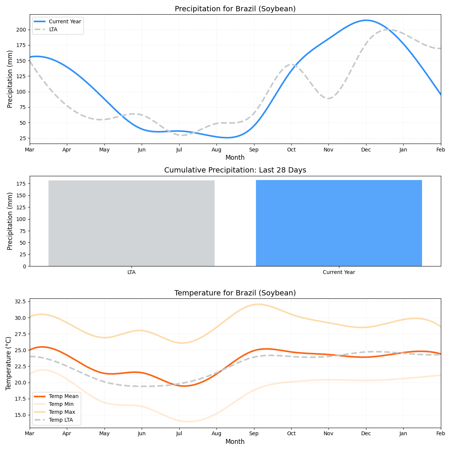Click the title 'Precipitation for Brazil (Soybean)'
[235, 9]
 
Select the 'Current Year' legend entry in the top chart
[65, 22]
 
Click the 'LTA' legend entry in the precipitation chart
[53, 29]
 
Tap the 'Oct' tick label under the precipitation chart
[291, 150]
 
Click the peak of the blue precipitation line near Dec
[366, 20]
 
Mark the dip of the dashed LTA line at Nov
[329, 98]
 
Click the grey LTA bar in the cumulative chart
[131, 223]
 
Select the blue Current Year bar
[339, 223]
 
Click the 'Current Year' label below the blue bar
[339, 272]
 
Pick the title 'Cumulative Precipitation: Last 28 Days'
[235, 170]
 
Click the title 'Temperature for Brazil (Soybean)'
[235, 293]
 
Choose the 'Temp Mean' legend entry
[64, 396]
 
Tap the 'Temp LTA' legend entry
[61, 420]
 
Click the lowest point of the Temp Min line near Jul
[188, 421]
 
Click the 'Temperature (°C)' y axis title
[9, 363]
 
